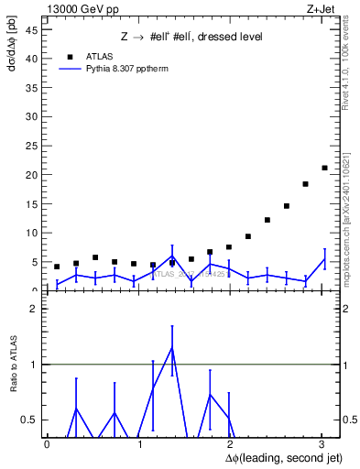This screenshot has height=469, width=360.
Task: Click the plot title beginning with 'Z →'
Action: (x=192, y=37)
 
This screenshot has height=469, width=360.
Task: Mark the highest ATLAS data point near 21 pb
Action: (x=324, y=168)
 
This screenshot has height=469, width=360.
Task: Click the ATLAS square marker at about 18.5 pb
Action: (x=305, y=184)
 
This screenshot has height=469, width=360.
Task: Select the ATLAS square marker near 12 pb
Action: (x=267, y=220)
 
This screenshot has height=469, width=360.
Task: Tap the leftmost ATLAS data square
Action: (x=57, y=267)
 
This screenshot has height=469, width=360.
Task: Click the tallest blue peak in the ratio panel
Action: (x=171, y=347)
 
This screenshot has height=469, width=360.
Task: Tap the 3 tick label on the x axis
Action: (x=321, y=444)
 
